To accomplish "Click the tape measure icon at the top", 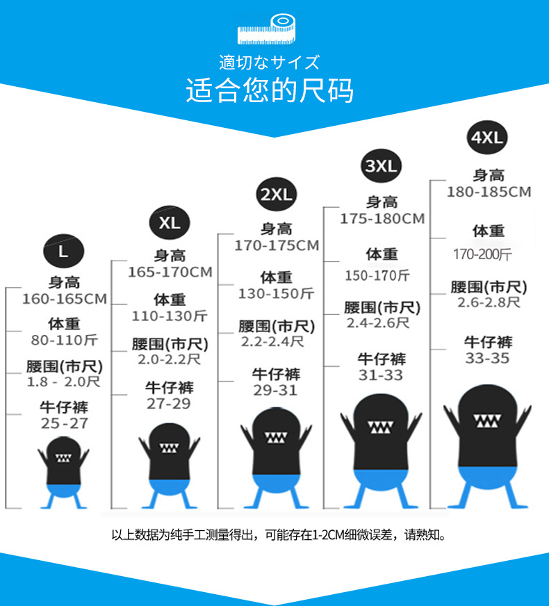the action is pyautogui.click(x=267, y=29).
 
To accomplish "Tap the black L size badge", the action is pyautogui.click(x=63, y=251).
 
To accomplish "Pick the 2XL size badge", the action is pyautogui.click(x=276, y=195).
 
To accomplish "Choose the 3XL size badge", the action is pyautogui.click(x=381, y=165).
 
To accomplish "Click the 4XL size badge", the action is pyautogui.click(x=486, y=137).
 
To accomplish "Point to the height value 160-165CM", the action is pyautogui.click(x=65, y=300).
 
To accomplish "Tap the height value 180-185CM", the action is pyautogui.click(x=489, y=192).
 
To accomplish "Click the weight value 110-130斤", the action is pyautogui.click(x=170, y=316).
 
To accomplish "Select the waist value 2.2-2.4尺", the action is pyautogui.click(x=272, y=341).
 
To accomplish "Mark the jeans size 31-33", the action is pyautogui.click(x=381, y=375).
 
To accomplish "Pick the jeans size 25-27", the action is pyautogui.click(x=64, y=423).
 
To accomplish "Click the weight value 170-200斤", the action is pyautogui.click(x=482, y=254).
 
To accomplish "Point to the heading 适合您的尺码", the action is pyautogui.click(x=270, y=91).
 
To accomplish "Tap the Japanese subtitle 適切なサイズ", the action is pyautogui.click(x=270, y=63).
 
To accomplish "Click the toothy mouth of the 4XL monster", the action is pyautogui.click(x=487, y=421).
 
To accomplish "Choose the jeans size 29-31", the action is pyautogui.click(x=275, y=391).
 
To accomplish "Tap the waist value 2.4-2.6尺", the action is pyautogui.click(x=378, y=323).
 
